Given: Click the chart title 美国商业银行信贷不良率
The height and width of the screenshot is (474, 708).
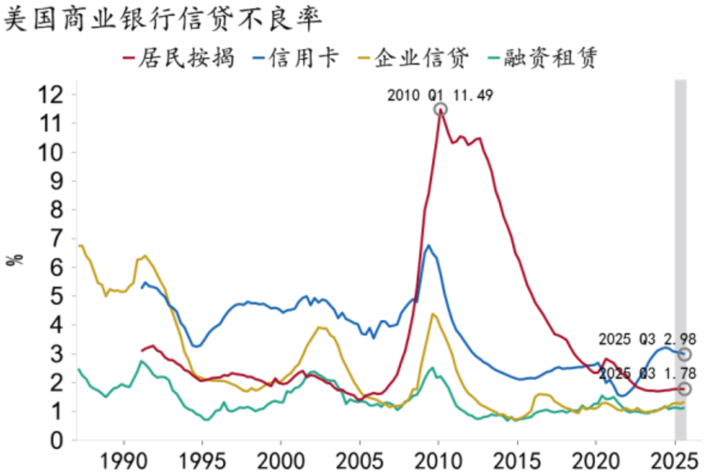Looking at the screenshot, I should click(163, 20).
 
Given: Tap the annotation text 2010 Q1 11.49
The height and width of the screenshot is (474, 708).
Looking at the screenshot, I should click(440, 96).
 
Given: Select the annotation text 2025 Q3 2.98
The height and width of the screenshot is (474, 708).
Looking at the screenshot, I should click(646, 340).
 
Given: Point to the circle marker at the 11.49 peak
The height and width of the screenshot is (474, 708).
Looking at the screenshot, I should click(441, 109).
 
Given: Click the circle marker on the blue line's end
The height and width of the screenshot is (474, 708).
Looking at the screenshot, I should click(685, 354).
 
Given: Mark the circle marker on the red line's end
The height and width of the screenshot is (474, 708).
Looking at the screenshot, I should click(685, 389).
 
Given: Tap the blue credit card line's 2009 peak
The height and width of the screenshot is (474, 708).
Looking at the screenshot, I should click(429, 246).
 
